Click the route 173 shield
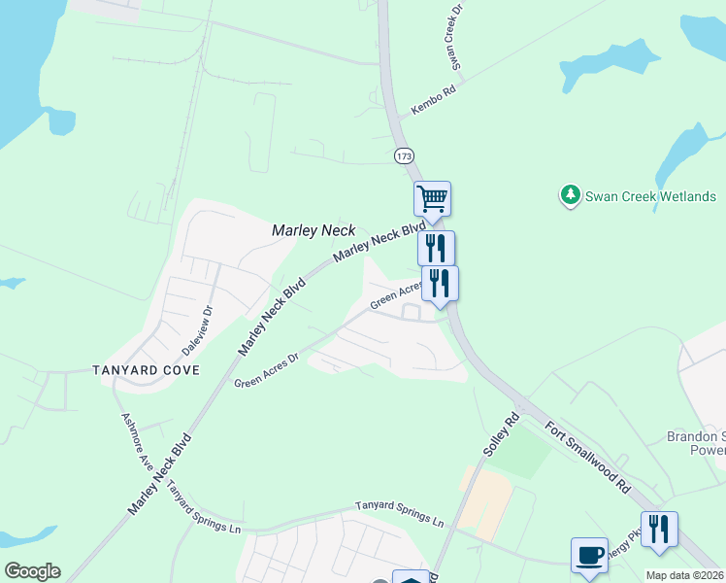click(x=404, y=155)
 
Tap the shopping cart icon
click(x=432, y=198)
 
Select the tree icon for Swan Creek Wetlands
click(x=571, y=196)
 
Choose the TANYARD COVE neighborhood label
click(x=146, y=370)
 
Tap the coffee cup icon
click(x=589, y=555)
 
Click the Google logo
click(x=32, y=571)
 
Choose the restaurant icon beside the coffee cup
click(x=659, y=529)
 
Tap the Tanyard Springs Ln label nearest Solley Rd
click(x=398, y=513)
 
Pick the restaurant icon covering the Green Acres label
click(x=440, y=283)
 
